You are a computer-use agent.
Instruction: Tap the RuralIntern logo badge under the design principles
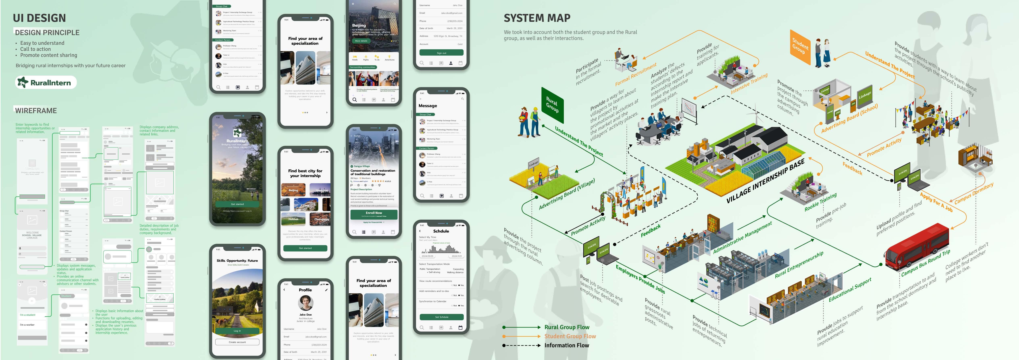coord(46,82)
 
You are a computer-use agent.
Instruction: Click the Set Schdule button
coord(441,317)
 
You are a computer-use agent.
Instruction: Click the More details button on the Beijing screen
coord(361,41)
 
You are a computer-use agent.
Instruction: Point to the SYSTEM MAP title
coord(537,18)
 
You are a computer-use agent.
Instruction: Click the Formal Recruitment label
coord(636,74)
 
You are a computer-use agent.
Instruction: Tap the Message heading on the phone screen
coord(428,106)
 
